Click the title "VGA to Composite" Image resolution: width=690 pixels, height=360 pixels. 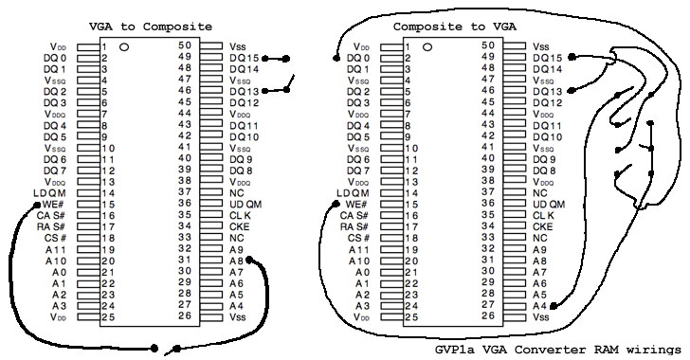coord(151,27)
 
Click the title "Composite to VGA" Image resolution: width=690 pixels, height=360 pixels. coord(455,27)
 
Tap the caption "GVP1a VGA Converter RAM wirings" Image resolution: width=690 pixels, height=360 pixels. coord(558,350)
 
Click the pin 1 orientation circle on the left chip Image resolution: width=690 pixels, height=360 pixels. coord(124,46)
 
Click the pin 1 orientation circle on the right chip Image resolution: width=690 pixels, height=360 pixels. coord(427,46)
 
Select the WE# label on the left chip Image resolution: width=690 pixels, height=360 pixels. coord(54,205)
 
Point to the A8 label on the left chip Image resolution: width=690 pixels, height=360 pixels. coord(236,261)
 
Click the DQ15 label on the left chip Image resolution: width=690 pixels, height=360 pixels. coord(245,58)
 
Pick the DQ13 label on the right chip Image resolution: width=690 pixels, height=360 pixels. coord(548,92)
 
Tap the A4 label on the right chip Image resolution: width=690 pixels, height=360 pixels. coord(539,306)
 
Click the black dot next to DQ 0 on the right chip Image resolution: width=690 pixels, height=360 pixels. coord(336,58)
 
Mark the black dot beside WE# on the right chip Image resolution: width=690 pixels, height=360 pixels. coord(336,204)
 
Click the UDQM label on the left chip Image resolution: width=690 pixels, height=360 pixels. coord(245,205)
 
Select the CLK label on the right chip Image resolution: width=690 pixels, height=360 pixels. coord(543,216)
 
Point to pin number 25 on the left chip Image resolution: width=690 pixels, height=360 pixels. coord(108,316)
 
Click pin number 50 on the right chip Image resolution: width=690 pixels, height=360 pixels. coord(488,45)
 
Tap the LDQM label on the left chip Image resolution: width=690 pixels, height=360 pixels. coord(49,193)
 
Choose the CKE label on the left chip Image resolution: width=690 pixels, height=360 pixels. coord(240,226)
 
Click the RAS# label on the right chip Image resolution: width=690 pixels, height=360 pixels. coord(356,226)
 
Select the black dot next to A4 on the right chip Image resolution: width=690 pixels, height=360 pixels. coord(554,306)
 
